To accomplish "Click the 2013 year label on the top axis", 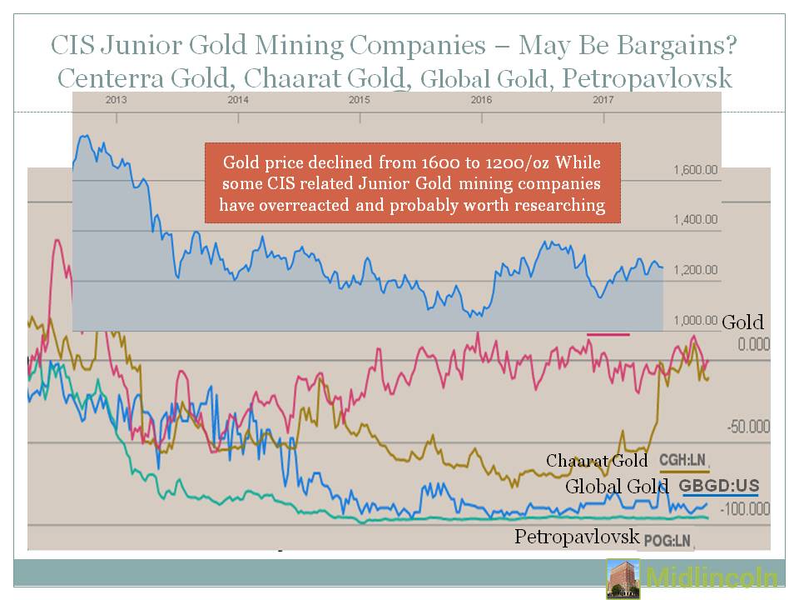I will click(x=116, y=99).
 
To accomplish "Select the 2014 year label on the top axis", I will click(x=238, y=99).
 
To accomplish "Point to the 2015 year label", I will click(x=360, y=99).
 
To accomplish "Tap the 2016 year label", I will click(x=481, y=99).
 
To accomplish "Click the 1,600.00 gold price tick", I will click(x=695, y=170).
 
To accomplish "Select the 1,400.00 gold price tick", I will click(x=695, y=220).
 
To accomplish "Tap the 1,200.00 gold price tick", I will click(x=695, y=270).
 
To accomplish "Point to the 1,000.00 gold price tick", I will click(x=695, y=320).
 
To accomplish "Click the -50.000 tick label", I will click(x=748, y=427).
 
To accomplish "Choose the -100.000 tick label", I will click(x=745, y=508).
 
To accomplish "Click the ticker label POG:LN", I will click(x=667, y=542).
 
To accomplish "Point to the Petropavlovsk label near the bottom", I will click(x=576, y=536).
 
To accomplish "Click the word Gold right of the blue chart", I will click(x=742, y=322).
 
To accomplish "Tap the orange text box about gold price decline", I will click(x=413, y=182).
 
